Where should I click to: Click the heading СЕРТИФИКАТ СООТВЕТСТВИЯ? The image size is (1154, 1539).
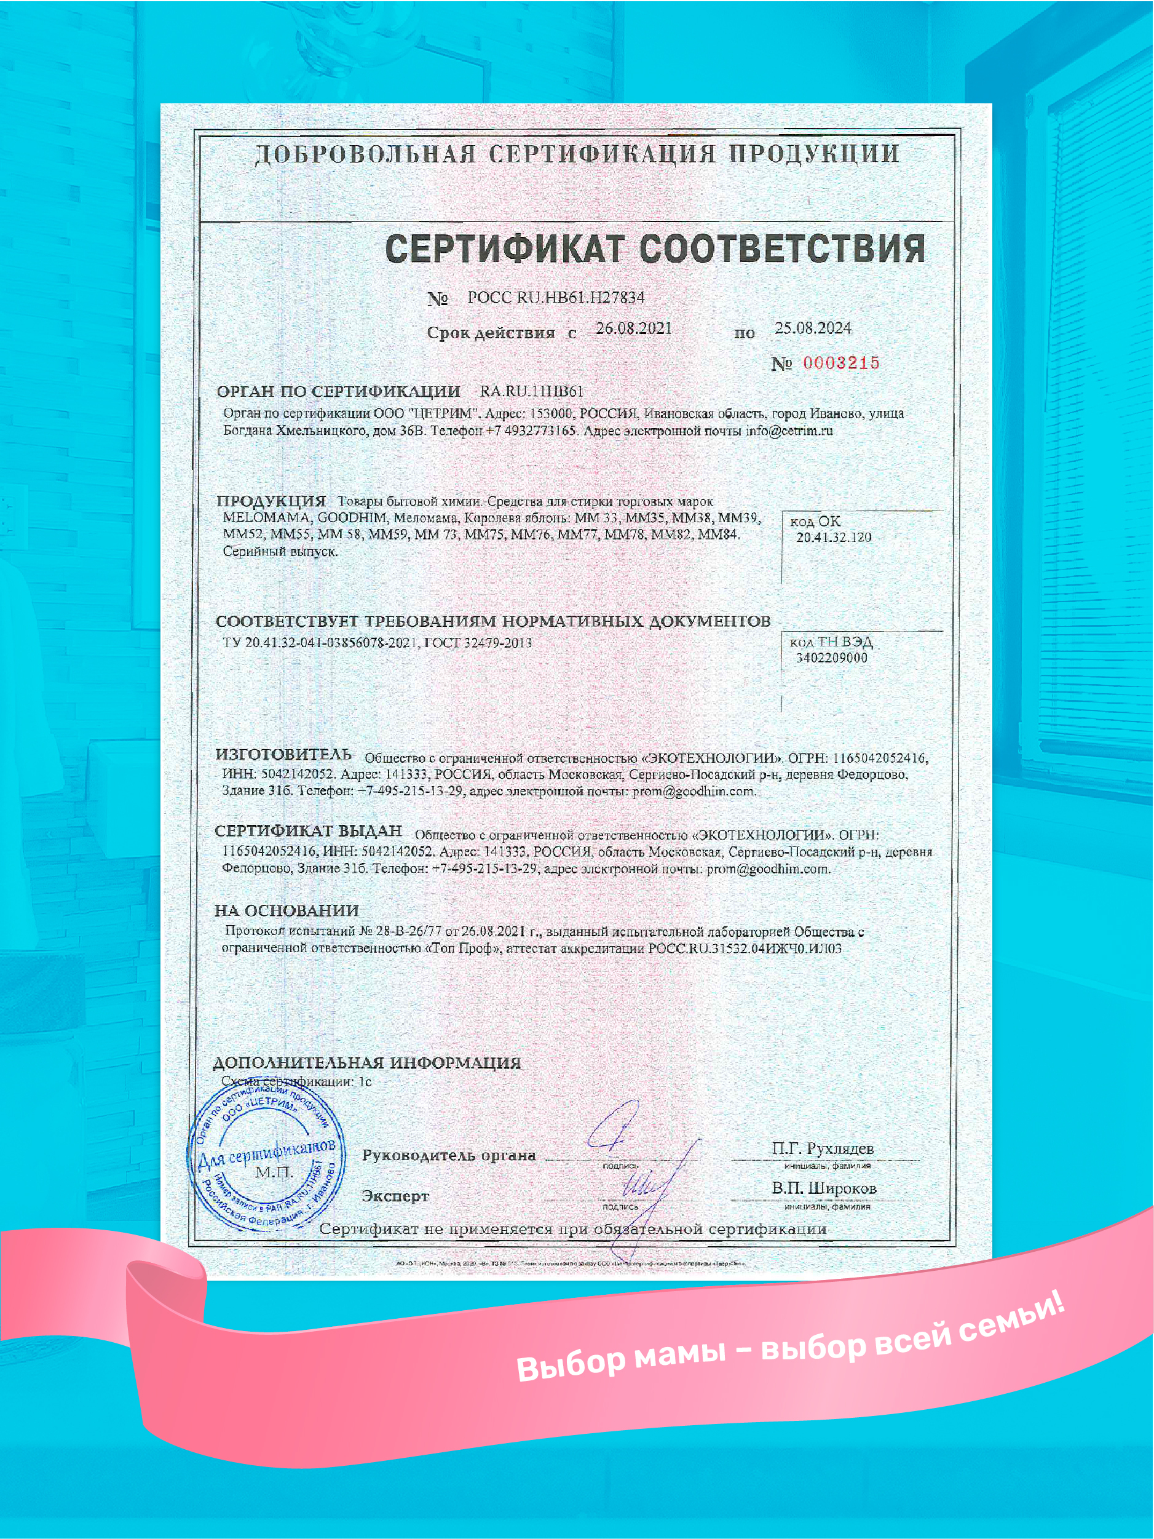point(655,249)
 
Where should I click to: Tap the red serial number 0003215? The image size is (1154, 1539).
point(841,363)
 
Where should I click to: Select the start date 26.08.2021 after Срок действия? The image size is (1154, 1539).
point(634,328)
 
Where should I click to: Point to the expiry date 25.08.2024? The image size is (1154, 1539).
point(812,328)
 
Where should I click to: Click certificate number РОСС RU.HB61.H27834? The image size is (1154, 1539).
point(556,298)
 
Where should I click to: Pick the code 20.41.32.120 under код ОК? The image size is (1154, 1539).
point(833,537)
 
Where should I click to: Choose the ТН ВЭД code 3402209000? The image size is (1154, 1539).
point(831,658)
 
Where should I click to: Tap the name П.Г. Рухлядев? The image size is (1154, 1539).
point(823,1148)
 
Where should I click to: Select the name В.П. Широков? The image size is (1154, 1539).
point(824,1188)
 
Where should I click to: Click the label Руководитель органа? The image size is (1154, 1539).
point(449,1156)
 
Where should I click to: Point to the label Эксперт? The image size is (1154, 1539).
point(395,1196)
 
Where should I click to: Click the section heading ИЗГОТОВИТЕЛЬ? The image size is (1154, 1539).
point(283,754)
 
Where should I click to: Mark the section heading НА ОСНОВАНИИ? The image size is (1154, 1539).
point(287,910)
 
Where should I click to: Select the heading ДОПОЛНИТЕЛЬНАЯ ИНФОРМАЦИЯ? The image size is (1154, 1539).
point(366,1062)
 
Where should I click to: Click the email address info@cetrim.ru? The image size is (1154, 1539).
point(789,431)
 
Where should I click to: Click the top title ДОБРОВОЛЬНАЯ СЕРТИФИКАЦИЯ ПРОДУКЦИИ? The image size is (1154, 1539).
point(577,154)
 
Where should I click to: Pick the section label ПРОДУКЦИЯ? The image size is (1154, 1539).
point(271,501)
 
